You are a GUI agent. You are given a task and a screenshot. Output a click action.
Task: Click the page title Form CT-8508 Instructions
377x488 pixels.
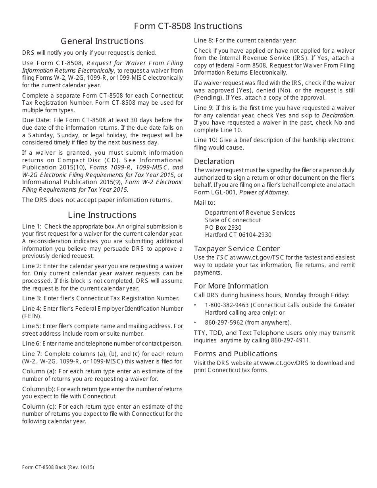188,26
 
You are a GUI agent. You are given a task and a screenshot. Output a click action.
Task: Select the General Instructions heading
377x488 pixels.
102,41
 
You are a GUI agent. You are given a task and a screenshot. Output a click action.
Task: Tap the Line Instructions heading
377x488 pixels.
102,215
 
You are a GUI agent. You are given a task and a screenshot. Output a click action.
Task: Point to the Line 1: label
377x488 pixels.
32,227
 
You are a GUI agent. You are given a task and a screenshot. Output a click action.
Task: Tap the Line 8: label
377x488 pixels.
204,40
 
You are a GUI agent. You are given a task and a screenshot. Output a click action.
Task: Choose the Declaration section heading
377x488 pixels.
214,161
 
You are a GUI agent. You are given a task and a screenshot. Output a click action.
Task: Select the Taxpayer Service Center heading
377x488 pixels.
237,249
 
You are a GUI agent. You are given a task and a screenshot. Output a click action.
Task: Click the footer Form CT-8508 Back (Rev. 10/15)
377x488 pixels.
58,467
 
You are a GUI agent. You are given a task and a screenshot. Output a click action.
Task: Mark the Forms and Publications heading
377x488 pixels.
235,354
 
